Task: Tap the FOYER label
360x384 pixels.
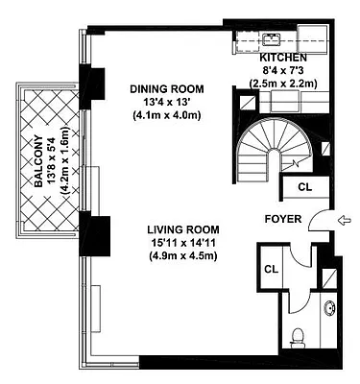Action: tap(284, 219)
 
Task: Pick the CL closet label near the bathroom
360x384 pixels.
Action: tap(272, 269)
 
